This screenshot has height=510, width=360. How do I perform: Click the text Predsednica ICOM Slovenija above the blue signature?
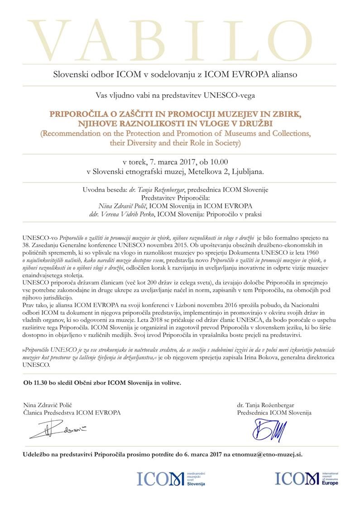(274, 413)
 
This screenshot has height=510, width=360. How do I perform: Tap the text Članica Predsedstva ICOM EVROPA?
(72, 413)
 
